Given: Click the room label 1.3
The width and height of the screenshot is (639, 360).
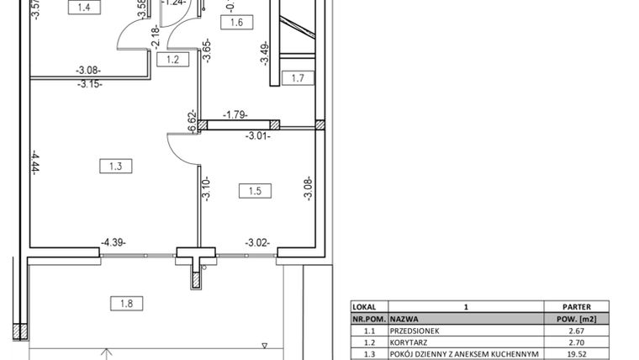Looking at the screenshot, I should tap(116, 167).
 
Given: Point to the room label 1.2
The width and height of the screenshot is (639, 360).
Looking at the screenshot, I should tap(173, 59).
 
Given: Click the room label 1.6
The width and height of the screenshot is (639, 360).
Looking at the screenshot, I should tap(235, 24).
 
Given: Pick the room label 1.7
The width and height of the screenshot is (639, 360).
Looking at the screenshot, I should tap(297, 79).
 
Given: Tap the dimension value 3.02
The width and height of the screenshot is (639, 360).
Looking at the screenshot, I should tap(257, 244).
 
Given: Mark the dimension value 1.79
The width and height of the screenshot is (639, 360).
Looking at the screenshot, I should tap(235, 114).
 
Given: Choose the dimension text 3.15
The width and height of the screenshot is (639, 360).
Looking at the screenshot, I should tap(89, 84).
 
